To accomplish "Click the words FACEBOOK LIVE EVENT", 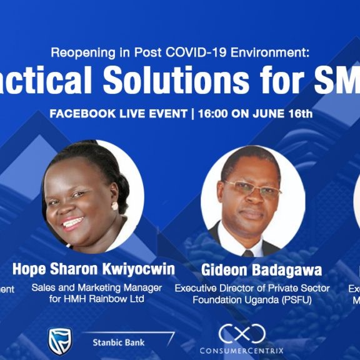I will pyautogui.click(x=118, y=114).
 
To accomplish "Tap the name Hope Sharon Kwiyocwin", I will pyautogui.click(x=94, y=269).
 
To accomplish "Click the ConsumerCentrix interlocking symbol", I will pyautogui.click(x=241, y=332).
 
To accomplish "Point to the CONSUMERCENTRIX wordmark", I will pyautogui.click(x=242, y=351).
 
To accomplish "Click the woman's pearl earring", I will pyautogui.click(x=114, y=206).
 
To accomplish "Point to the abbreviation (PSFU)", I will pyautogui.click(x=299, y=299).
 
